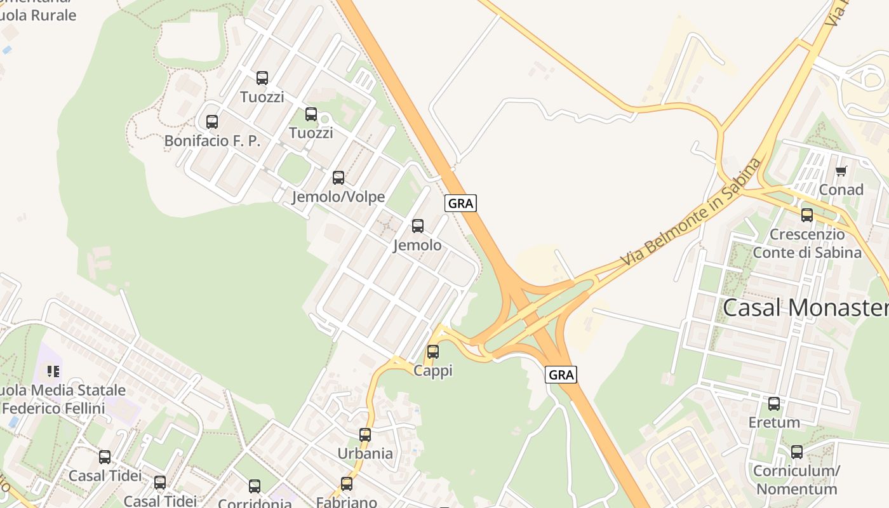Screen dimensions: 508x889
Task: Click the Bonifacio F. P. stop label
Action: (212, 141)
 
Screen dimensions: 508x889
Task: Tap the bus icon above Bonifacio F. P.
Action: (212, 122)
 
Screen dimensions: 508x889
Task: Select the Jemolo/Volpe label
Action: (338, 197)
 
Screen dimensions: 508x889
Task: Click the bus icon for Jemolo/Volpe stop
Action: (338, 178)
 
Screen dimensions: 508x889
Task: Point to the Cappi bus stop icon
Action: (433, 351)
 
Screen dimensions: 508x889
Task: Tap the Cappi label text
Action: (433, 370)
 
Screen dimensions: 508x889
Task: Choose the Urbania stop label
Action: (365, 454)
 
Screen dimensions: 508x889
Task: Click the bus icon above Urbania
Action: (365, 435)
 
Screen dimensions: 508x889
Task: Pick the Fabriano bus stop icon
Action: (347, 484)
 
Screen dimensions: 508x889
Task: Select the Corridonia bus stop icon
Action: (255, 486)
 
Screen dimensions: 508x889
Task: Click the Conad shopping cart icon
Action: (841, 171)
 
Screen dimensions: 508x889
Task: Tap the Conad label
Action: (841, 190)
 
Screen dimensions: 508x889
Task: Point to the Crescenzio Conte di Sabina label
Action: (807, 244)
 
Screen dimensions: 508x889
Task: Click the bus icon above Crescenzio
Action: (807, 215)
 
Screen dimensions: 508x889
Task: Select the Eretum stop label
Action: (774, 423)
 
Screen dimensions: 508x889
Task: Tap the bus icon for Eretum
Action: (774, 404)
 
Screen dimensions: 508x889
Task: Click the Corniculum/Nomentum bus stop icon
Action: (797, 452)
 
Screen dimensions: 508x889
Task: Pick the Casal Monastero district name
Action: (805, 308)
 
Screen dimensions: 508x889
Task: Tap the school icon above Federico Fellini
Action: (53, 371)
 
